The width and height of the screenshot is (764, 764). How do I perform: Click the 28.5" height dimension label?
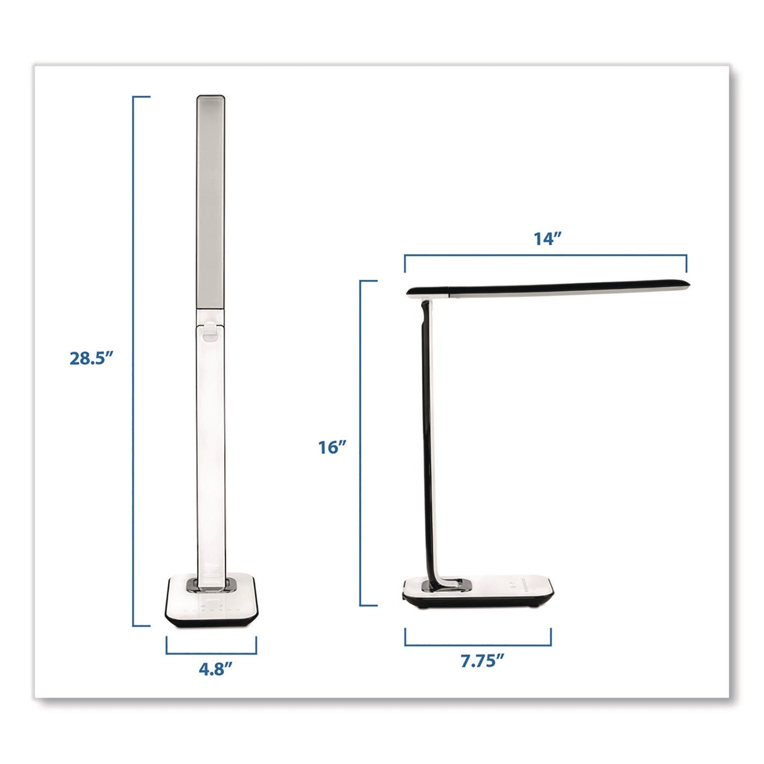pyautogui.click(x=91, y=358)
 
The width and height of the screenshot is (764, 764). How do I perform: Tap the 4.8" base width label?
pyautogui.click(x=215, y=669)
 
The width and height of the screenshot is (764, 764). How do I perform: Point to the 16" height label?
pyautogui.click(x=332, y=447)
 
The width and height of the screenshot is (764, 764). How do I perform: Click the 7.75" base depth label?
pyautogui.click(x=482, y=660)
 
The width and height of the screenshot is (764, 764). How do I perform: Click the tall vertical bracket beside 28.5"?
pyautogui.click(x=134, y=360)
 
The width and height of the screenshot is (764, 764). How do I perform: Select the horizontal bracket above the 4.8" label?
pyautogui.click(x=211, y=652)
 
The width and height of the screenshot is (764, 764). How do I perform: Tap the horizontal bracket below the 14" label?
pyautogui.click(x=545, y=256)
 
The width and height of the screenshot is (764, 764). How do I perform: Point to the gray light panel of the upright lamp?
pyautogui.click(x=210, y=201)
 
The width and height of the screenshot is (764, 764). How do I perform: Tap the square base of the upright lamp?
pyautogui.click(x=211, y=608)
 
